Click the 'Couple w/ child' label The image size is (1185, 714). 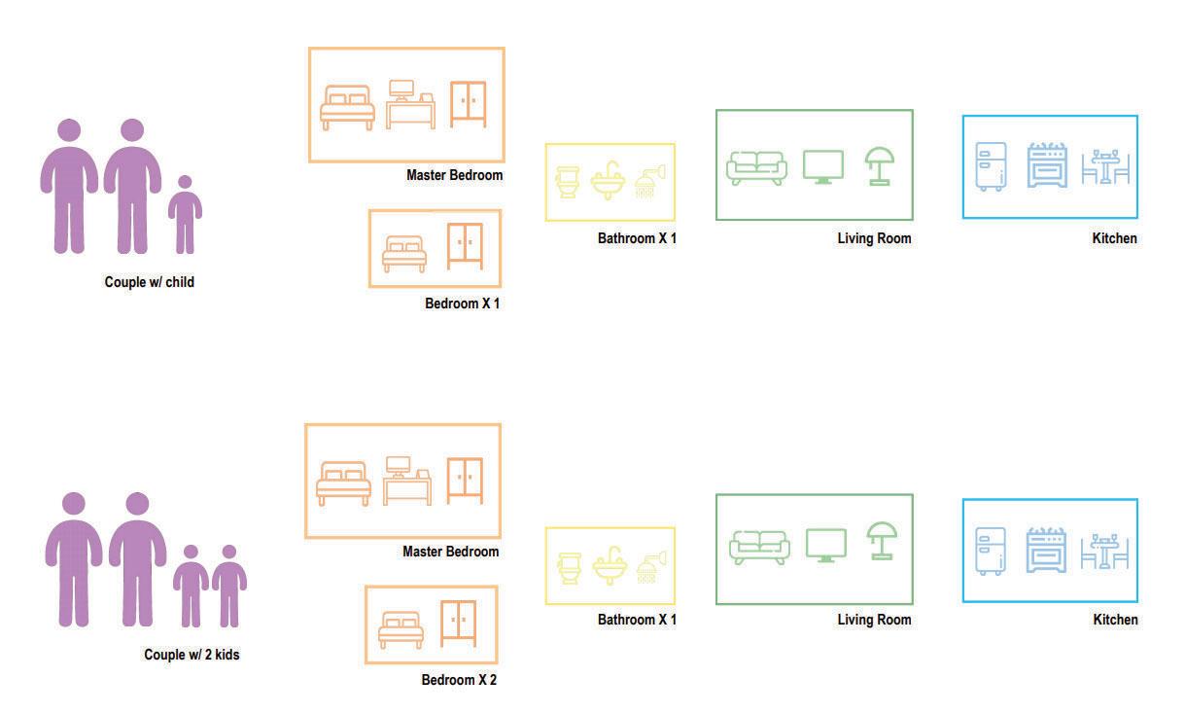tap(150, 282)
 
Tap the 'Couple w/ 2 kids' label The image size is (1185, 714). tap(192, 655)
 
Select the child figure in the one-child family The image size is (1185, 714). tap(185, 215)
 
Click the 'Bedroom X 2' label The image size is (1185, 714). tap(459, 680)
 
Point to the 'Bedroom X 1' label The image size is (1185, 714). tap(462, 303)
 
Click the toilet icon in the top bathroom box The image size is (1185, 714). tap(567, 182)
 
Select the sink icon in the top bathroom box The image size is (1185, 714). tap(608, 180)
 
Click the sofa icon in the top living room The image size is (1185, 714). tap(756, 167)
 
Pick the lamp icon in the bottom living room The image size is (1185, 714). tap(882, 541)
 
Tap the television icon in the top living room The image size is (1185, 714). tap(823, 166)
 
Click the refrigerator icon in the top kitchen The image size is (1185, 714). tap(991, 166)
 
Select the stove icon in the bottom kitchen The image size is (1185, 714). tap(1046, 552)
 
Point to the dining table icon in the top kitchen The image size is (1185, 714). tap(1105, 167)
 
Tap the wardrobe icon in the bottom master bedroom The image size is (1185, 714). tap(465, 480)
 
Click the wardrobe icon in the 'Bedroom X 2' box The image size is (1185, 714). tap(459, 624)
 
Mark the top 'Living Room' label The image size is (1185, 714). tap(874, 238)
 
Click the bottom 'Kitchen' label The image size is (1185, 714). tap(1115, 620)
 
